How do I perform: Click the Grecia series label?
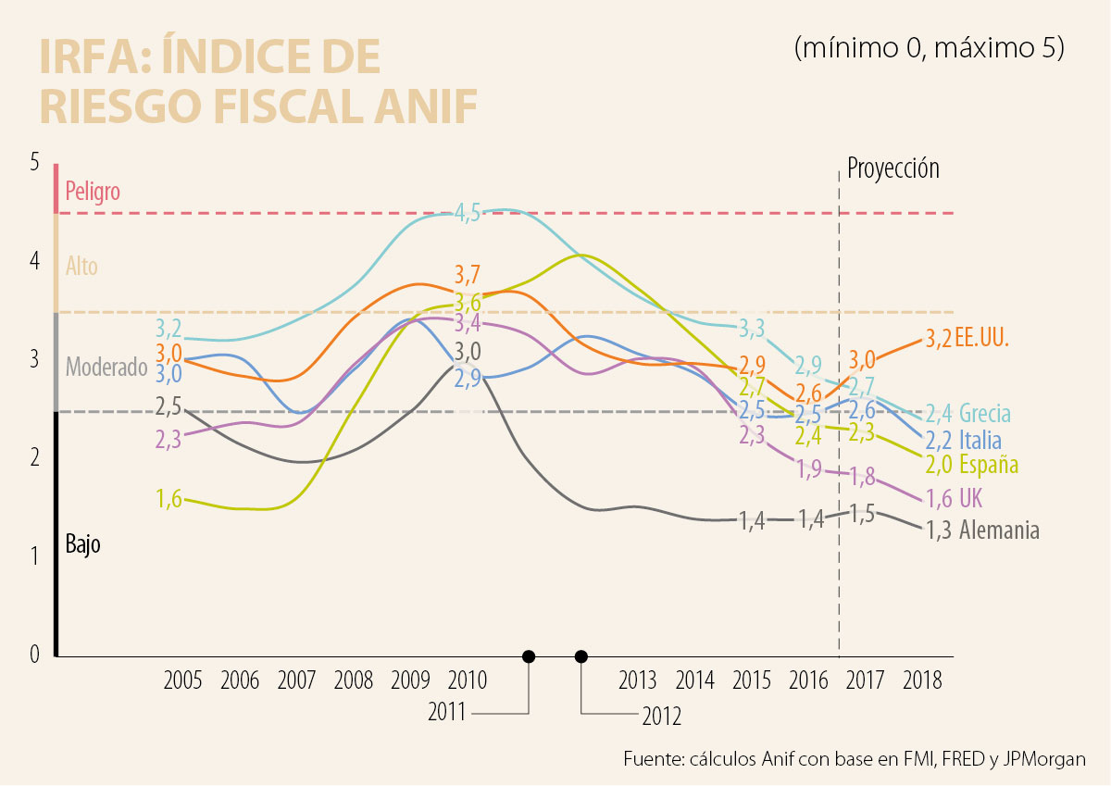click(985, 413)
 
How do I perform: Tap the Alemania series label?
click(999, 530)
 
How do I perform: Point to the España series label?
click(989, 464)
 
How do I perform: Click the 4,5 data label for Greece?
click(468, 212)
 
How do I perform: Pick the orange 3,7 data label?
click(468, 274)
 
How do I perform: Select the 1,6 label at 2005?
click(169, 498)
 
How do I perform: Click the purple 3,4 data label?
click(468, 323)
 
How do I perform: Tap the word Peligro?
click(93, 192)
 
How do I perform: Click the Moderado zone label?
click(106, 367)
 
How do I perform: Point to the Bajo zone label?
click(82, 544)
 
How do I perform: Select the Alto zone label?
click(81, 267)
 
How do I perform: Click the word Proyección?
click(893, 168)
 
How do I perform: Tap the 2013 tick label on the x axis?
click(637, 680)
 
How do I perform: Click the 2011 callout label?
click(448, 713)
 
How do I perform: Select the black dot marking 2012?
click(581, 656)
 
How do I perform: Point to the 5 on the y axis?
click(35, 162)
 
